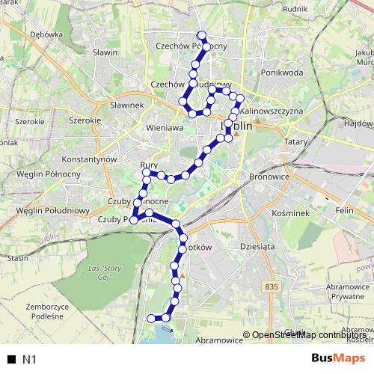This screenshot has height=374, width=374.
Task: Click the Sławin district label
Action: click(105, 53)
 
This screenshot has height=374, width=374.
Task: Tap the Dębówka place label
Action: click(46, 34)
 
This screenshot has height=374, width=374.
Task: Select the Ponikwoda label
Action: click(281, 73)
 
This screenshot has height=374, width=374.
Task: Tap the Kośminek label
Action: click(286, 213)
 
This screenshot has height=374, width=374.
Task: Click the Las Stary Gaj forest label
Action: click(104, 270)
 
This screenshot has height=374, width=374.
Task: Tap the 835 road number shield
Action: click(271, 286)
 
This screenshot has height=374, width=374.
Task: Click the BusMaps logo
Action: click(333, 359)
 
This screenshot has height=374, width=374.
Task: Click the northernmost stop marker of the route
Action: click(200, 34)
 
